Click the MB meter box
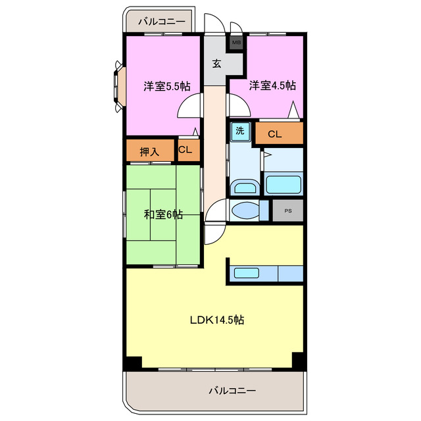pyautogui.click(x=236, y=42)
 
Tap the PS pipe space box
pyautogui.click(x=288, y=210)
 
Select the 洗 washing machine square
pyautogui.click(x=240, y=132)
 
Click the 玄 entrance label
pyautogui.click(x=216, y=64)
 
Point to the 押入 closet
pyautogui.click(x=150, y=151)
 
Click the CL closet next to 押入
pyautogui.click(x=189, y=151)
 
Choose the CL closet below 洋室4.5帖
pyautogui.click(x=279, y=133)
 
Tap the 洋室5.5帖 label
pyautogui.click(x=167, y=86)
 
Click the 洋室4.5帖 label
pyautogui.click(x=272, y=86)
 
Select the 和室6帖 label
pyautogui.click(x=164, y=214)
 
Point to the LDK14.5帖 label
pyautogui.click(x=217, y=320)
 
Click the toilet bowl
pyautogui.click(x=245, y=210)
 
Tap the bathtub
pyautogui.click(x=284, y=184)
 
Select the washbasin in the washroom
pyautogui.click(x=245, y=187)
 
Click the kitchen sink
pyautogui.click(x=247, y=273)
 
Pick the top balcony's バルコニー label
pyautogui.click(x=162, y=22)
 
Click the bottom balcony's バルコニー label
pyautogui.click(x=232, y=390)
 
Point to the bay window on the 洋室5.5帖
pyautogui.click(x=120, y=86)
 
